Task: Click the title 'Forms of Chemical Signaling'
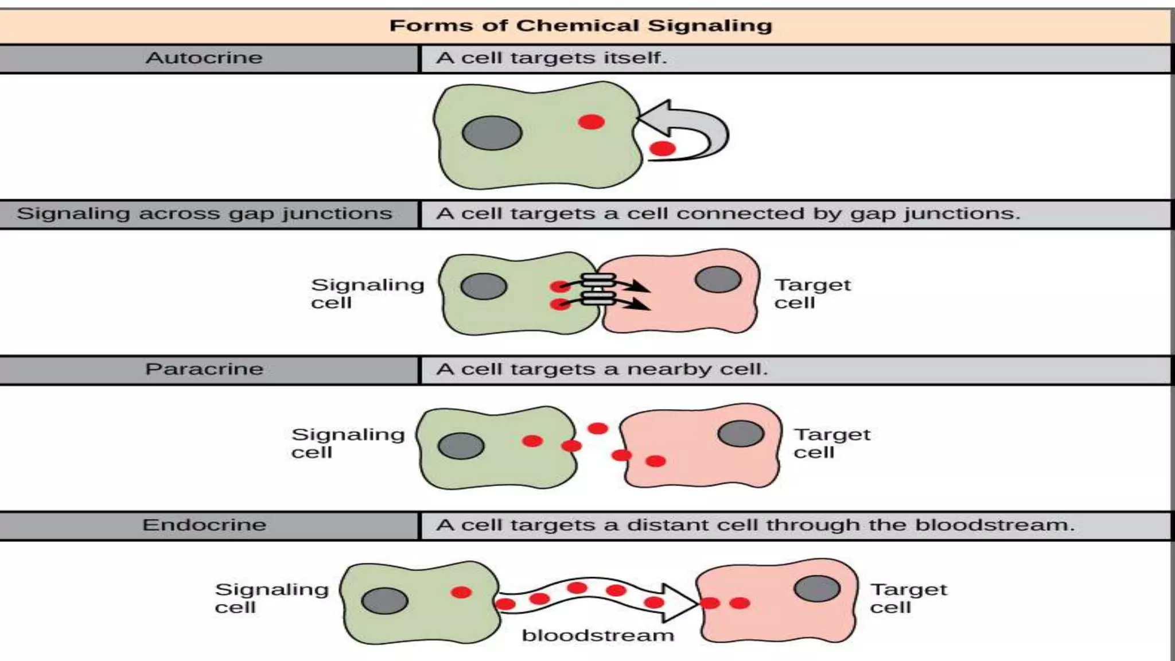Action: click(x=581, y=26)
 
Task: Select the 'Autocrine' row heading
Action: click(x=204, y=58)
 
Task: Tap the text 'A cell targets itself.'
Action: click(x=551, y=58)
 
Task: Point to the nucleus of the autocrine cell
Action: click(x=492, y=133)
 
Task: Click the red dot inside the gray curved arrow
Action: click(x=663, y=149)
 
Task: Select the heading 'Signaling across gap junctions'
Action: click(x=204, y=214)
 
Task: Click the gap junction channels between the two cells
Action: click(x=598, y=289)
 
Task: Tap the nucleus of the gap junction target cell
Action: click(x=718, y=280)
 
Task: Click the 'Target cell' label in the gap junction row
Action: click(x=812, y=293)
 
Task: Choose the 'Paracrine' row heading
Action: click(x=204, y=369)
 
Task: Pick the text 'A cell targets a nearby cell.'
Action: click(x=601, y=369)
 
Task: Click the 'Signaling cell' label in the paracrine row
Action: click(x=347, y=443)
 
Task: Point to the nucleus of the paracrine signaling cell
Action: click(x=461, y=446)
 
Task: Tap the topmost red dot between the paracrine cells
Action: click(x=598, y=428)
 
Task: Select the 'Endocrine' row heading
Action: click(x=204, y=525)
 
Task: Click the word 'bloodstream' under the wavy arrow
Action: click(x=597, y=636)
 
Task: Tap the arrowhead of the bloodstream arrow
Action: click(x=680, y=602)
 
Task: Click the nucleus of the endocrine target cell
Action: click(x=817, y=589)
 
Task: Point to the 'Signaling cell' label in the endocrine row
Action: click(x=271, y=598)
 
